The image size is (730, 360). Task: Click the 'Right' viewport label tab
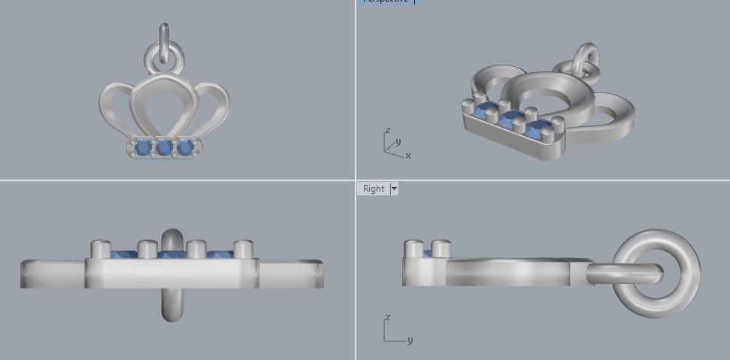click(x=373, y=189)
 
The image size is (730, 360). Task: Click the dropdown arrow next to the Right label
click(x=393, y=189)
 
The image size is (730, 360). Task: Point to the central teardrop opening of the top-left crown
click(x=164, y=109)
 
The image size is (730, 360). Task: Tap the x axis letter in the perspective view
click(x=407, y=156)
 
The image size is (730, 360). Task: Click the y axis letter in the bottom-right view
click(x=410, y=340)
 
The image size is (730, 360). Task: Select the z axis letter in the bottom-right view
click(x=386, y=318)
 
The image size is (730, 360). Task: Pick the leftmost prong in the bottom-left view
click(x=101, y=248)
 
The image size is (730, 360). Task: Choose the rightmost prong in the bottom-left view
click(x=243, y=248)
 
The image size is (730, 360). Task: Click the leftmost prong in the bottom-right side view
click(x=413, y=248)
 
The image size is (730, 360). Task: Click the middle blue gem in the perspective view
click(x=513, y=119)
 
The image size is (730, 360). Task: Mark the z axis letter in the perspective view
click(x=388, y=130)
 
